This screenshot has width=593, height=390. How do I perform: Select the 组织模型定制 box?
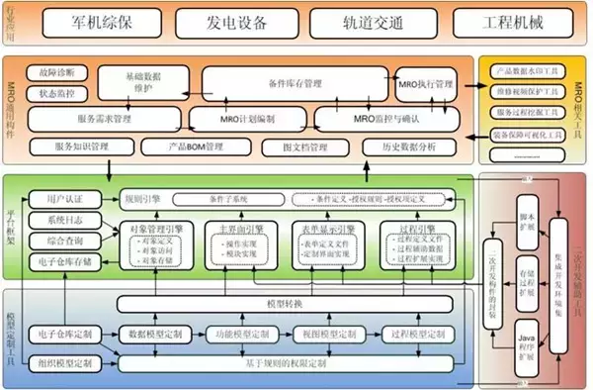tap(63, 362)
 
